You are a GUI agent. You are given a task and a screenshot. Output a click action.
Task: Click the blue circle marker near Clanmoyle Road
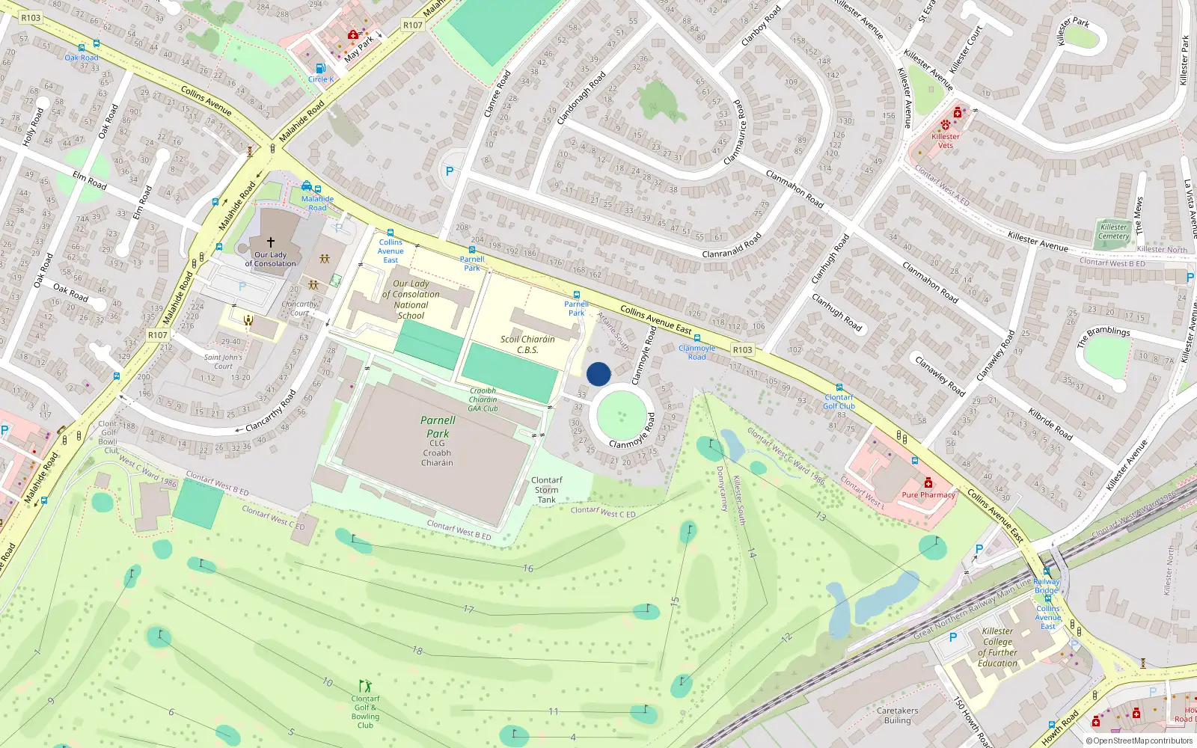pos(598,374)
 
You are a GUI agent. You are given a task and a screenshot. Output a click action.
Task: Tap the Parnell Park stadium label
pos(438,427)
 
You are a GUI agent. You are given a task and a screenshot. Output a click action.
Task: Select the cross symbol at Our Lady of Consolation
pos(271,242)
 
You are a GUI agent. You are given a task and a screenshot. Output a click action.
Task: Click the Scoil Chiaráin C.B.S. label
pos(527,344)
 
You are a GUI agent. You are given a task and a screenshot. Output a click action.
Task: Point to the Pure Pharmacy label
pos(928,494)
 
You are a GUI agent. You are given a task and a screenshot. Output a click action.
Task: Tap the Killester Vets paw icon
pos(946,125)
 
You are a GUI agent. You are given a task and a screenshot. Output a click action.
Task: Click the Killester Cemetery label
pos(1113,232)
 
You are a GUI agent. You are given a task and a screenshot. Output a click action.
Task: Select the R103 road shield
pos(742,349)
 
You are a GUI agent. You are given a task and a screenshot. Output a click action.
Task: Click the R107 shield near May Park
pos(413,25)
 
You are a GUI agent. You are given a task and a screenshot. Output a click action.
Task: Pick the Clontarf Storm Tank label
pos(547,490)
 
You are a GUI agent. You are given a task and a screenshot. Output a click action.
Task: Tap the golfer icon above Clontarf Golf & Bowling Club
pos(365,685)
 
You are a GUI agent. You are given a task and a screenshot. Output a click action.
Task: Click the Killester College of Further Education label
pos(998,647)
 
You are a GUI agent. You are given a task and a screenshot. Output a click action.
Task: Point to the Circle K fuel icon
pos(321,69)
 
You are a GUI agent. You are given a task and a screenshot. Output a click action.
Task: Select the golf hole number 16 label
pos(528,568)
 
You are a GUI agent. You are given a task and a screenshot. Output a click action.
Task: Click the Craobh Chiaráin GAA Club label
pos(483,399)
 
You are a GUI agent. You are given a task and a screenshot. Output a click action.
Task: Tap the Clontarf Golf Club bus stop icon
pos(839,387)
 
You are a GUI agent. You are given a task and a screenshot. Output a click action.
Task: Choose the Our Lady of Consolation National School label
pos(411,299)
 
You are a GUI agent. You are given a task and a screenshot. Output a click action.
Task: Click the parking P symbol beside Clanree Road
pos(450,171)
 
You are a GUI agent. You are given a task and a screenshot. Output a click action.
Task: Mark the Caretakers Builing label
pos(898,716)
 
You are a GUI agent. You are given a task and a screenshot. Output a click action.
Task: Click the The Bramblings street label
pos(1103,336)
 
